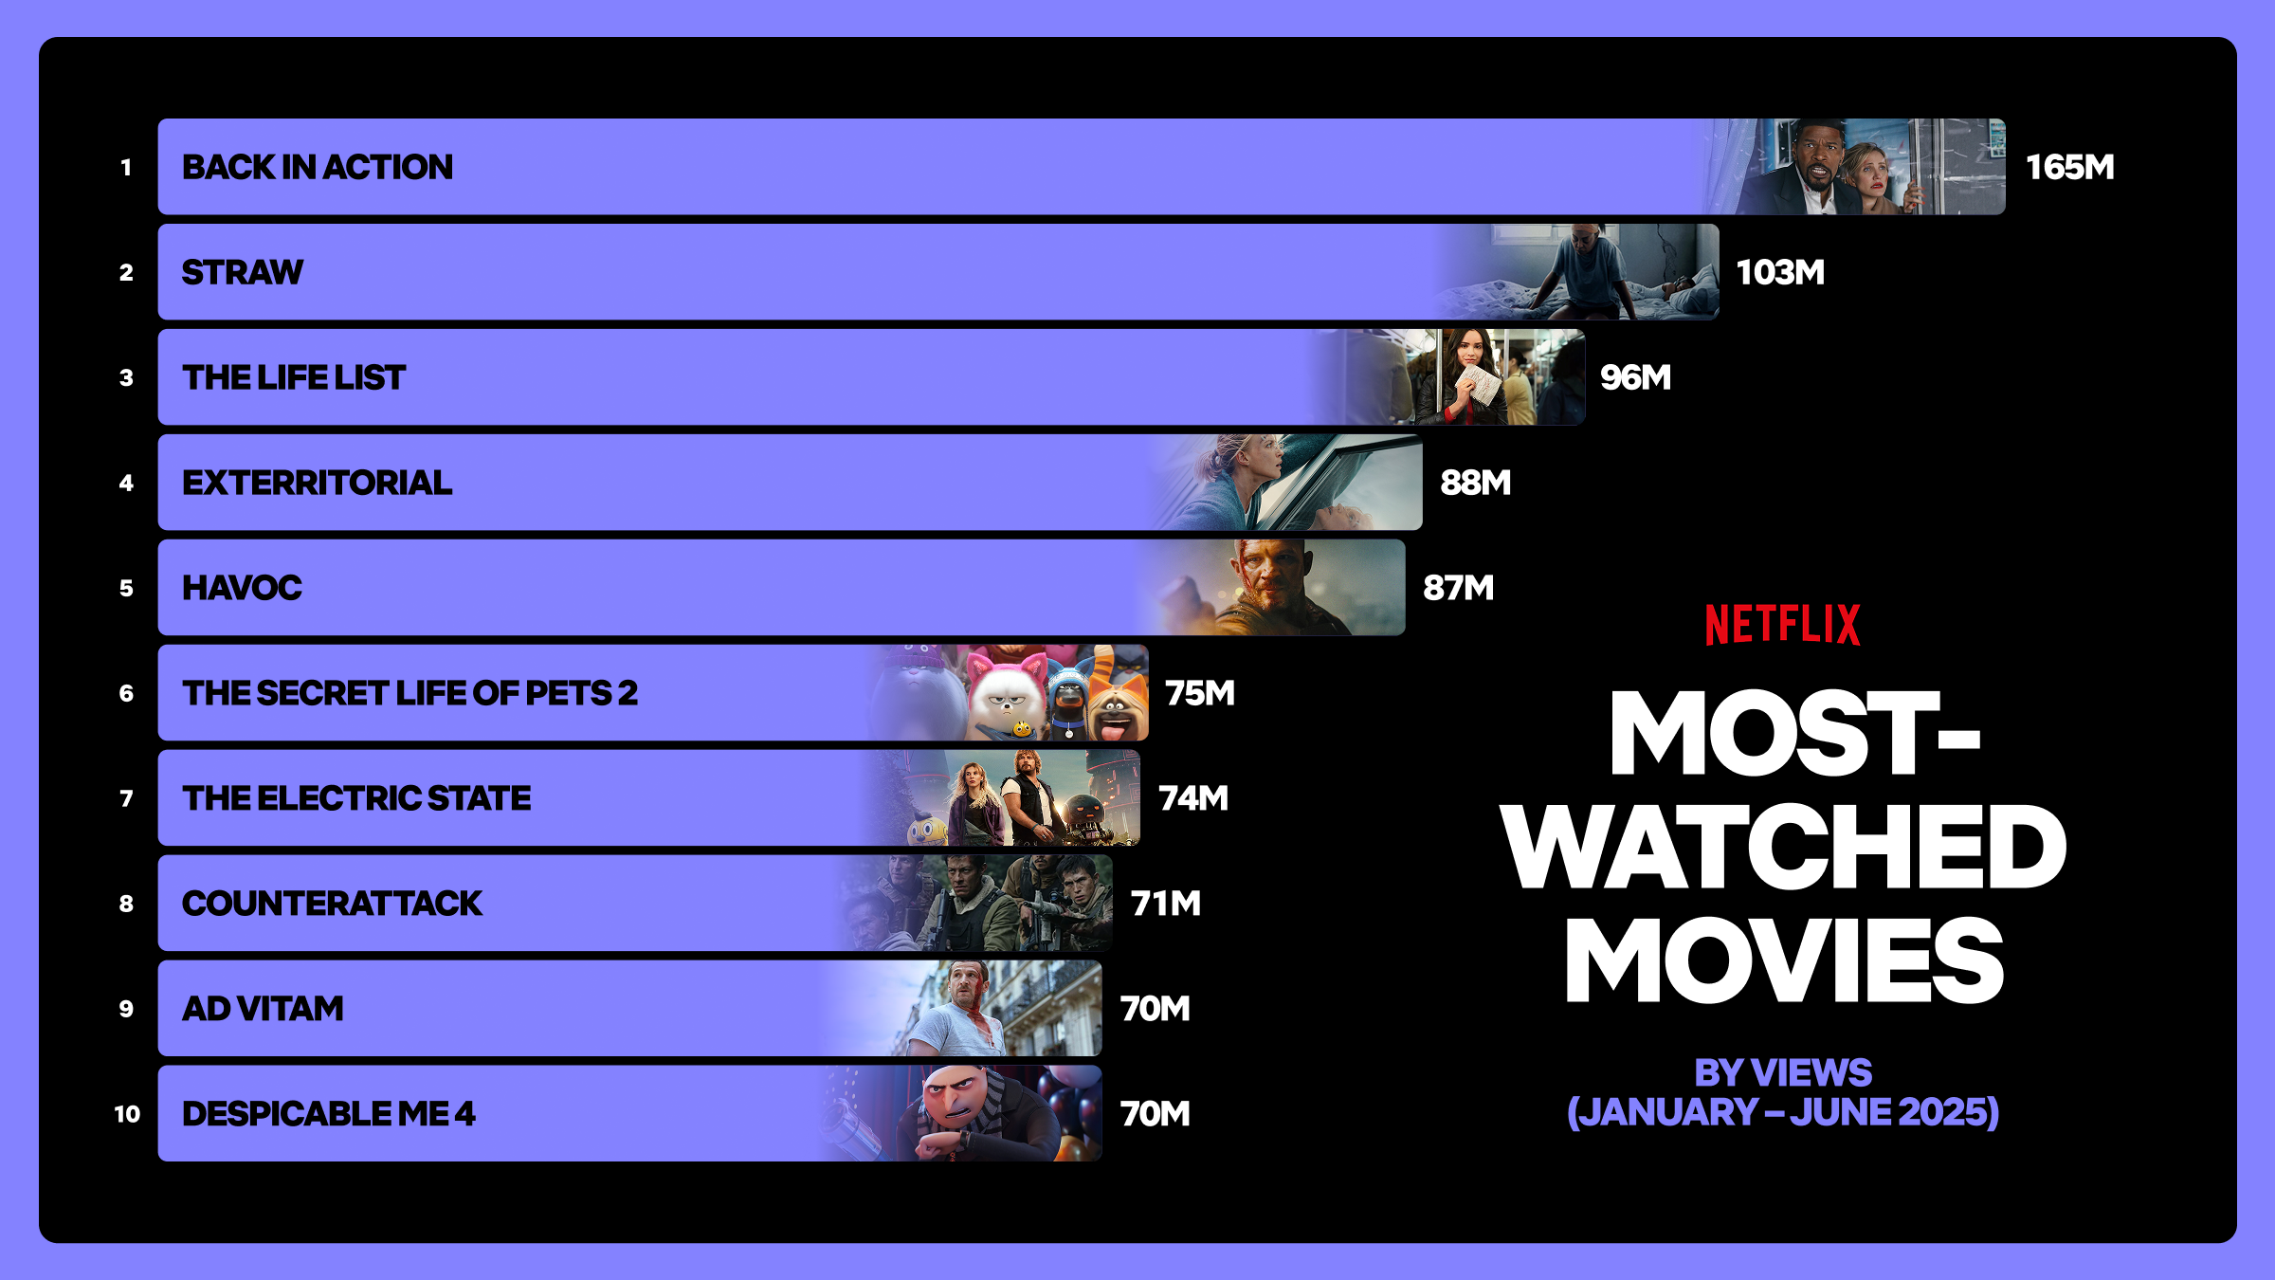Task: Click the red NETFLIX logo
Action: (1782, 625)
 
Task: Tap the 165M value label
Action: (2069, 168)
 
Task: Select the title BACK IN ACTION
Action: (318, 168)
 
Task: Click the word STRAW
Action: (243, 273)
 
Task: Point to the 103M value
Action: (1779, 273)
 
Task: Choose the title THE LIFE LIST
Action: (294, 378)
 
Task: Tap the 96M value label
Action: (1635, 378)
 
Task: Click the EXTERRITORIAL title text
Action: (317, 484)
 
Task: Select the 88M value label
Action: (1475, 484)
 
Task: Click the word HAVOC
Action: (242, 589)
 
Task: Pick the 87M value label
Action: (1458, 589)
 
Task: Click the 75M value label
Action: (1199, 694)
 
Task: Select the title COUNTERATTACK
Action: (332, 905)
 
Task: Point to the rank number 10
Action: (127, 1115)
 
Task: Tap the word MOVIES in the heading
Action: (1783, 960)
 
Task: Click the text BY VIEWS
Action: (1782, 1073)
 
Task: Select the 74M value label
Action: (1192, 799)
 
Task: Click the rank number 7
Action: (126, 799)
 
